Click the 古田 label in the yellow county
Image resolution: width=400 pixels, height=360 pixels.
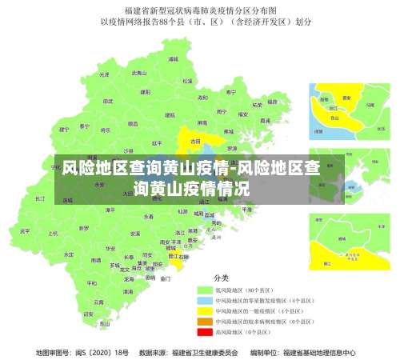click(x=195, y=141)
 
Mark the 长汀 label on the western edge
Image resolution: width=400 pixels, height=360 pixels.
click(x=40, y=198)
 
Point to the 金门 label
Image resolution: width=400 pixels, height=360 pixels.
click(x=166, y=279)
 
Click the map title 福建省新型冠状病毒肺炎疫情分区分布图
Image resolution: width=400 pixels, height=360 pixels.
click(x=200, y=11)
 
